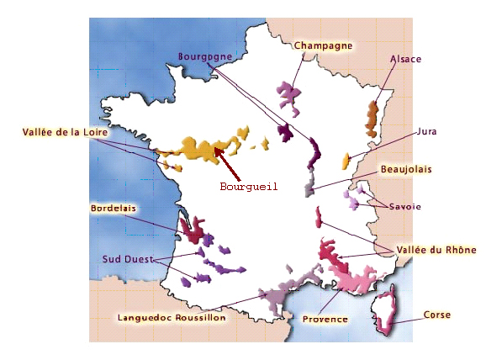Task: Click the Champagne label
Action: [323, 46]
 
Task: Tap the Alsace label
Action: [405, 60]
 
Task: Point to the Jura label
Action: [426, 132]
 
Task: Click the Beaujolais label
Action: [406, 169]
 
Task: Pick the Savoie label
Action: [404, 206]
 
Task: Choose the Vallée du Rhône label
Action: [436, 250]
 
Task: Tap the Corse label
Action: [437, 315]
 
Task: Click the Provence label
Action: [325, 319]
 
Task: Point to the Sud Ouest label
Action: [128, 258]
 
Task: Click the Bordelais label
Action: [114, 207]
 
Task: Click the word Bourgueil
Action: [248, 187]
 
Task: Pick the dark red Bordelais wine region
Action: [191, 229]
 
